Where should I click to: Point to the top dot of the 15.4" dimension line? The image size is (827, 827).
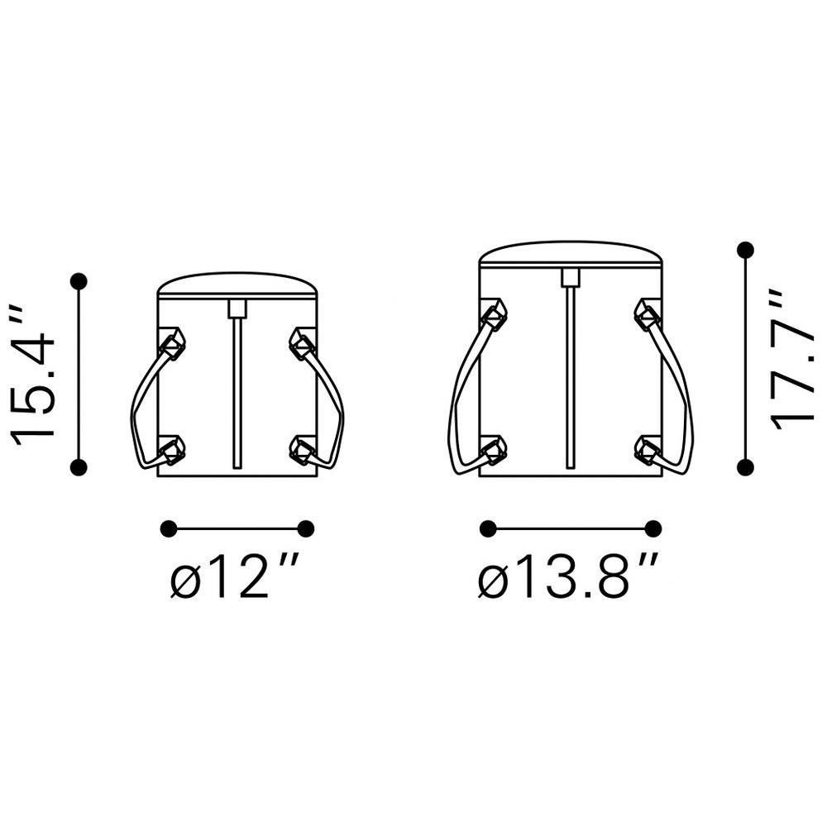coord(79,282)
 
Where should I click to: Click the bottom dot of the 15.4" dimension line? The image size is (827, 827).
coord(79,466)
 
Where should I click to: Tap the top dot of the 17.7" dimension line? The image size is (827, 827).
coord(745,250)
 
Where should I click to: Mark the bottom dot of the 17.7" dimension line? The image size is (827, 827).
coord(745,466)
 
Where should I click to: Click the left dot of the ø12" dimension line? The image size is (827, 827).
coord(168,528)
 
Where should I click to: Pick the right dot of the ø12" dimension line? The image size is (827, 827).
coord(306,528)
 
